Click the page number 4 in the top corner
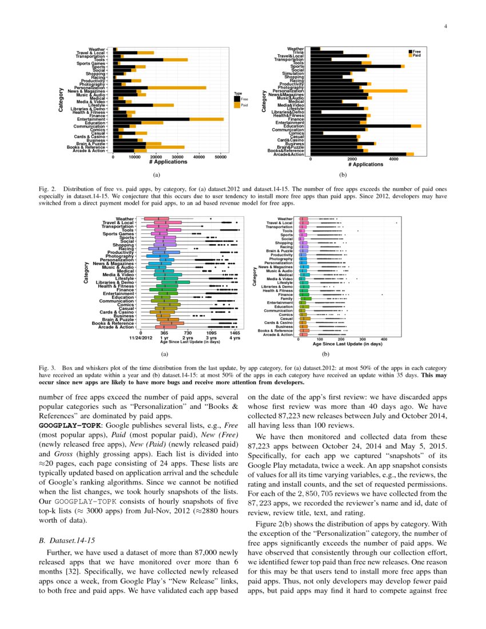click(445, 26)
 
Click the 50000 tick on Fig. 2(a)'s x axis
click(220, 157)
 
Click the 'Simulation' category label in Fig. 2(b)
click(293, 73)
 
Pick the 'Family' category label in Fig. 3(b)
click(286, 298)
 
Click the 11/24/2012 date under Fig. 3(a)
click(141, 338)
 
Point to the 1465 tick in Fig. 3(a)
click(235, 333)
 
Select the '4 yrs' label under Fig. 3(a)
click(235, 338)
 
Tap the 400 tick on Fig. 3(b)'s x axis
click(384, 339)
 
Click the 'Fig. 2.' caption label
click(47, 188)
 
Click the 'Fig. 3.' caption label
click(47, 369)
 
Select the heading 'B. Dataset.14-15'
click(66, 539)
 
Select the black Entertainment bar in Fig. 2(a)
click(152, 118)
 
